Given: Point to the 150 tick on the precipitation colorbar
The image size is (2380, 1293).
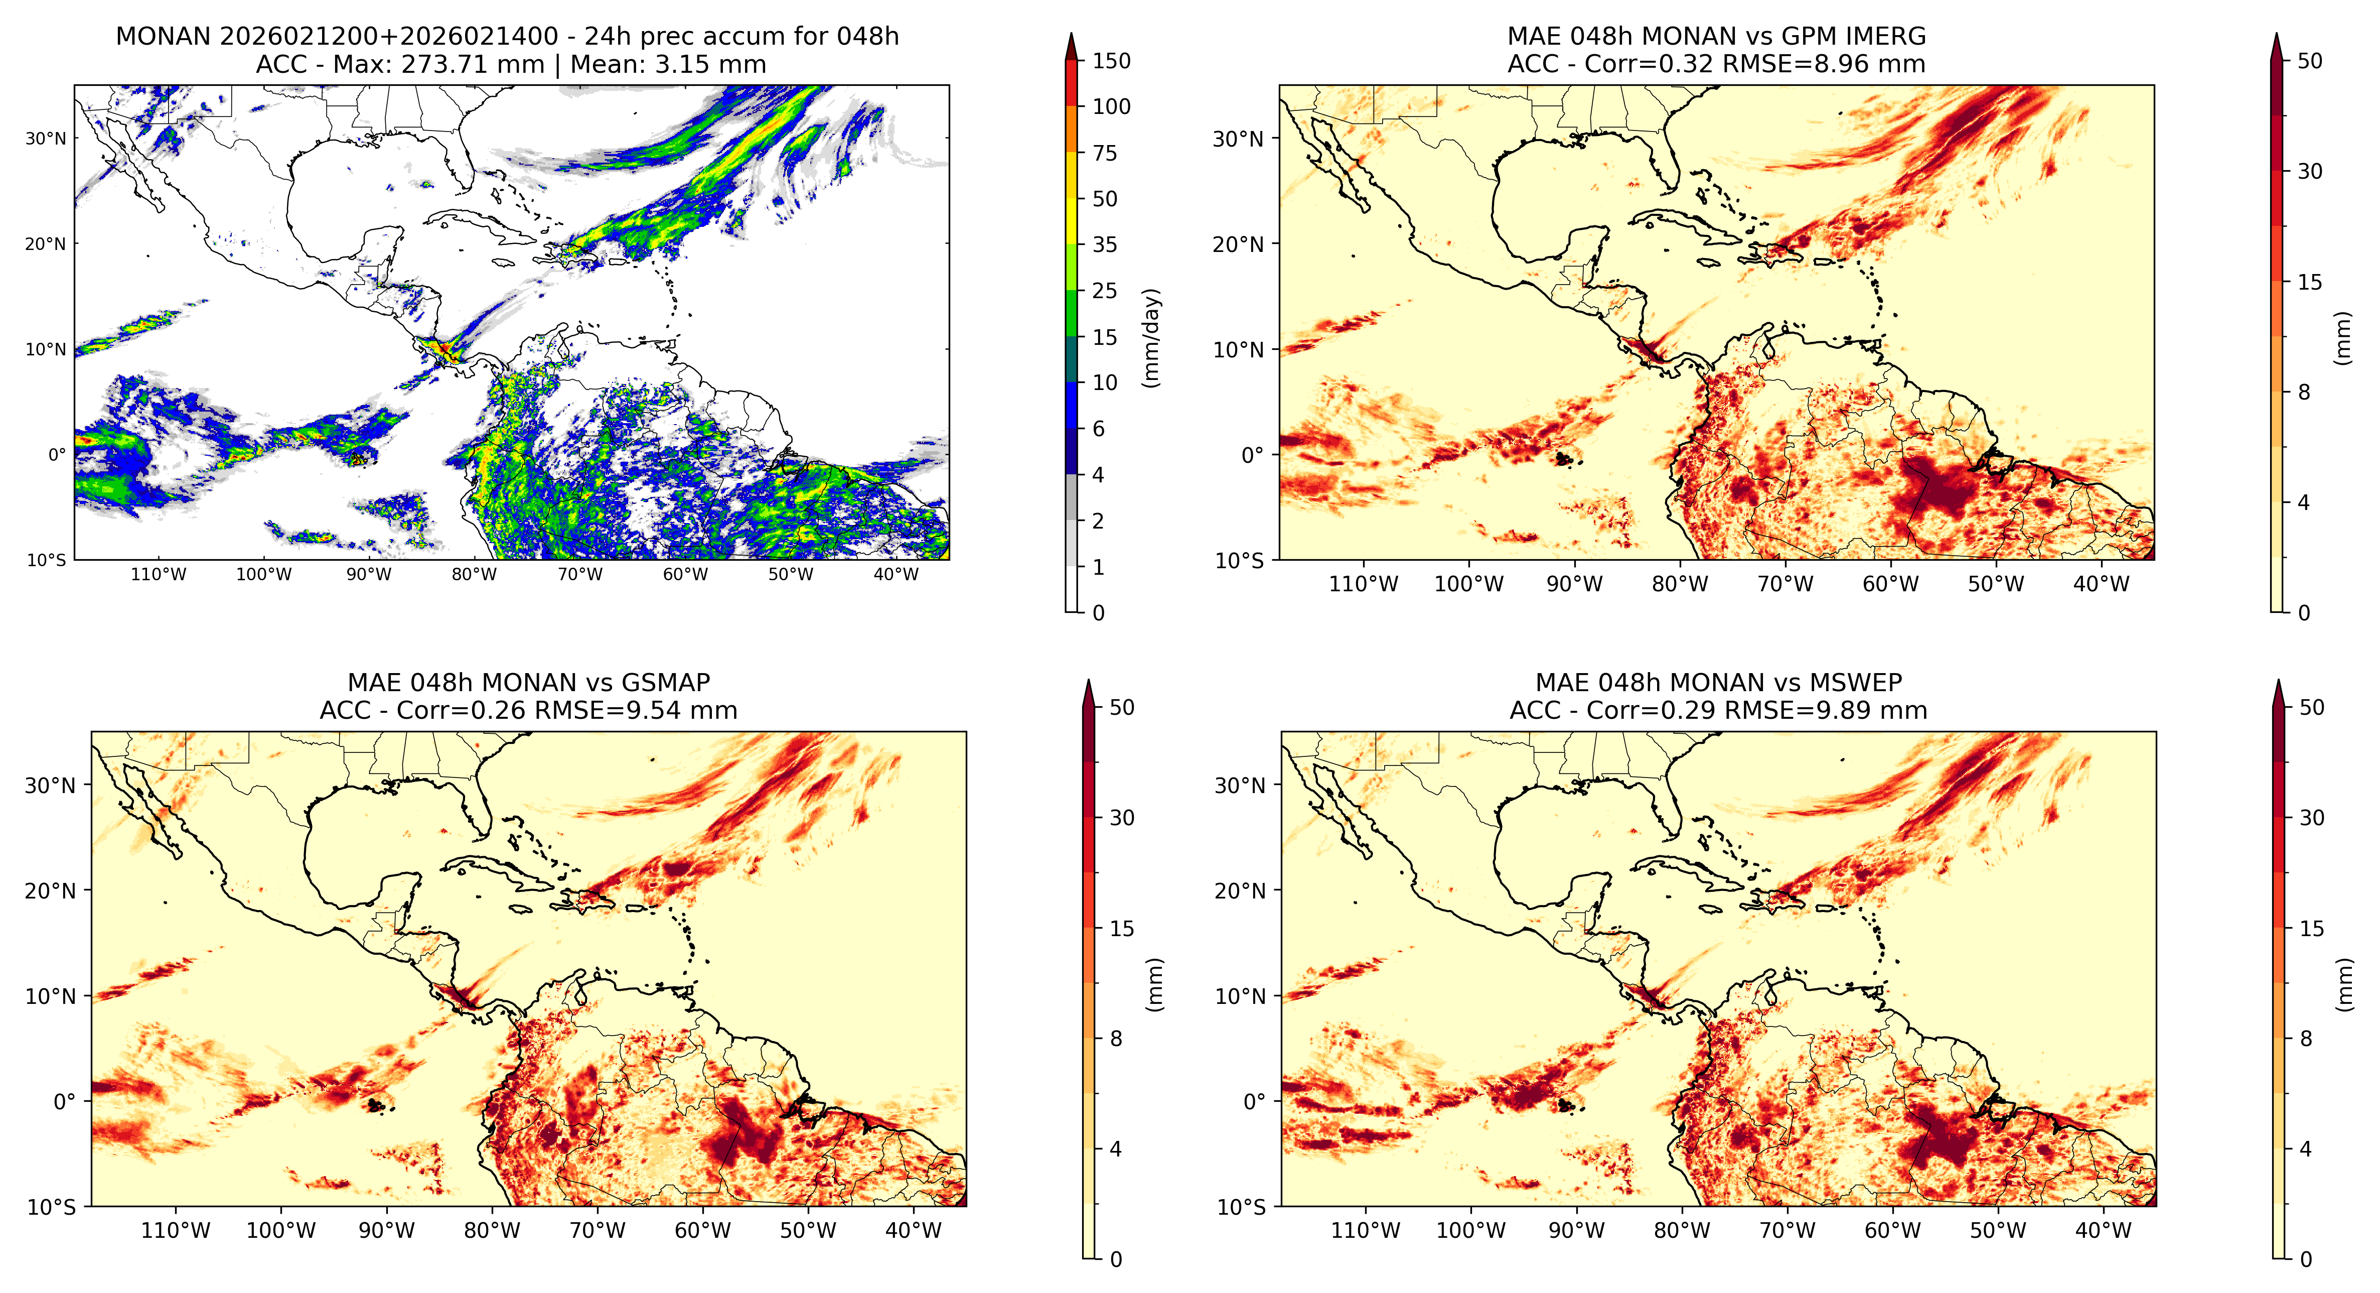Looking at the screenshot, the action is click(x=1111, y=61).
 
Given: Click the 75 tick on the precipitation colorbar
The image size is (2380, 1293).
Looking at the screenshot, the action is click(x=1105, y=154).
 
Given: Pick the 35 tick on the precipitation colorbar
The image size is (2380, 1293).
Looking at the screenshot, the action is click(x=1105, y=245).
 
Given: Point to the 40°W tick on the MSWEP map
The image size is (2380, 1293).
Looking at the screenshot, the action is click(x=2104, y=1231).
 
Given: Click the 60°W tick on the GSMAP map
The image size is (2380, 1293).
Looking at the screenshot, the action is click(x=702, y=1231).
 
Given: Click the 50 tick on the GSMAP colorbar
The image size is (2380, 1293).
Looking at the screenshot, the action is click(x=1122, y=708).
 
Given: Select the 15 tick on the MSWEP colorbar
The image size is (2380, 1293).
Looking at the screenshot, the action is click(x=2312, y=929).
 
